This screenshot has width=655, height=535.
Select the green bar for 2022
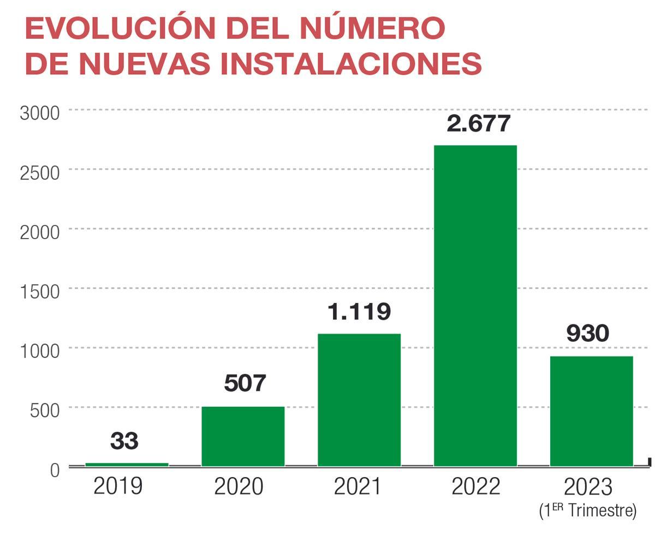click(x=475, y=306)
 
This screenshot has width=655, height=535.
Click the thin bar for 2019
click(x=127, y=465)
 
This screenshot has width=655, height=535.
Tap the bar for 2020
click(x=243, y=437)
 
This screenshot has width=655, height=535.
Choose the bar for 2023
click(x=591, y=412)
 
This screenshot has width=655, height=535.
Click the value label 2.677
click(x=478, y=123)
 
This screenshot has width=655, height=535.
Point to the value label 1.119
click(x=359, y=312)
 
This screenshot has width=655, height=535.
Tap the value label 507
click(x=245, y=383)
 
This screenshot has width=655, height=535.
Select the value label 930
click(x=587, y=334)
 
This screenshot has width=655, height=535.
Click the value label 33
click(x=124, y=441)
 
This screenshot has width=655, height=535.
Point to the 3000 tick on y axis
click(x=39, y=114)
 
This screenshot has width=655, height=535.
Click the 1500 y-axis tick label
click(x=39, y=292)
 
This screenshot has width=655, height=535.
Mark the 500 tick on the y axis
click(x=45, y=411)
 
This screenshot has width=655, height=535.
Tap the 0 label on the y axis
click(x=55, y=469)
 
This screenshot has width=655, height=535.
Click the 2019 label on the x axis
click(x=118, y=486)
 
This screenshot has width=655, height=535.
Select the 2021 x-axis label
click(x=358, y=486)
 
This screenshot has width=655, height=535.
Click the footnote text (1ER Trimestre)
click(x=588, y=512)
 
